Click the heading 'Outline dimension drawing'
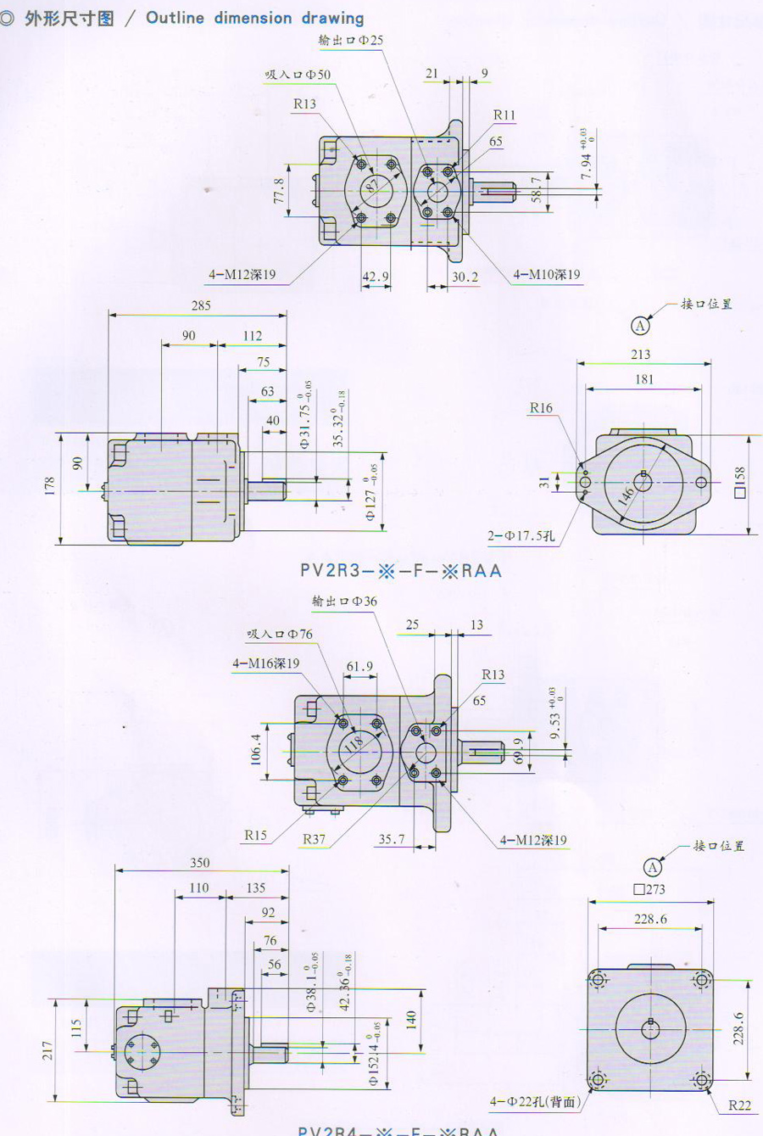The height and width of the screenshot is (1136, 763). tap(254, 18)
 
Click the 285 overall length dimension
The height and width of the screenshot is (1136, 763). tap(201, 305)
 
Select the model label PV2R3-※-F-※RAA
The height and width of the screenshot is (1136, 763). tap(401, 570)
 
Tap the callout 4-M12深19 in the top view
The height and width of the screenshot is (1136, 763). tap(242, 275)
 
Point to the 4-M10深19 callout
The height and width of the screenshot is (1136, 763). tap(546, 275)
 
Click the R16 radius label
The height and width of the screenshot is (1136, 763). tap(541, 408)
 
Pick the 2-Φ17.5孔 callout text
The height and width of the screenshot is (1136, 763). tap(521, 535)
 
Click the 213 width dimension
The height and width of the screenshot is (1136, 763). tap(641, 355)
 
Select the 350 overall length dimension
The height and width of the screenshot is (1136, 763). tap(200, 863)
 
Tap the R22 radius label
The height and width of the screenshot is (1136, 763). tap(739, 1105)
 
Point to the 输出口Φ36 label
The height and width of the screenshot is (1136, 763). tap(344, 602)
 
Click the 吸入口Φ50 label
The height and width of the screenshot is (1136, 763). tap(298, 75)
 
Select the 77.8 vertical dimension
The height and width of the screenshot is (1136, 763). tap(279, 191)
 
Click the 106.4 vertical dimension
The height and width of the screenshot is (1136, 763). tap(256, 750)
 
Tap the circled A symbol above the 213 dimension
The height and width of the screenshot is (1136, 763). tap(641, 326)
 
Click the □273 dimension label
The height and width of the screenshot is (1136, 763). tap(649, 890)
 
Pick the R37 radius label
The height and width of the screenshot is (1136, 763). tap(314, 839)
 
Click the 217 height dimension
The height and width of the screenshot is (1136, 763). tap(47, 1050)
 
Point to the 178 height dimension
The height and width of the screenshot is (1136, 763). tap(50, 486)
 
